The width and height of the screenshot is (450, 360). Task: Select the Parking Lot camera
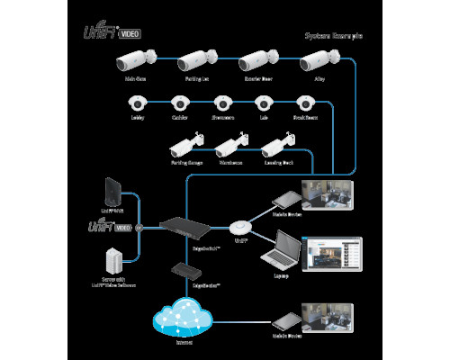click(x=196, y=63)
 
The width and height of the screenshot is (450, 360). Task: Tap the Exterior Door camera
click(x=256, y=63)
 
